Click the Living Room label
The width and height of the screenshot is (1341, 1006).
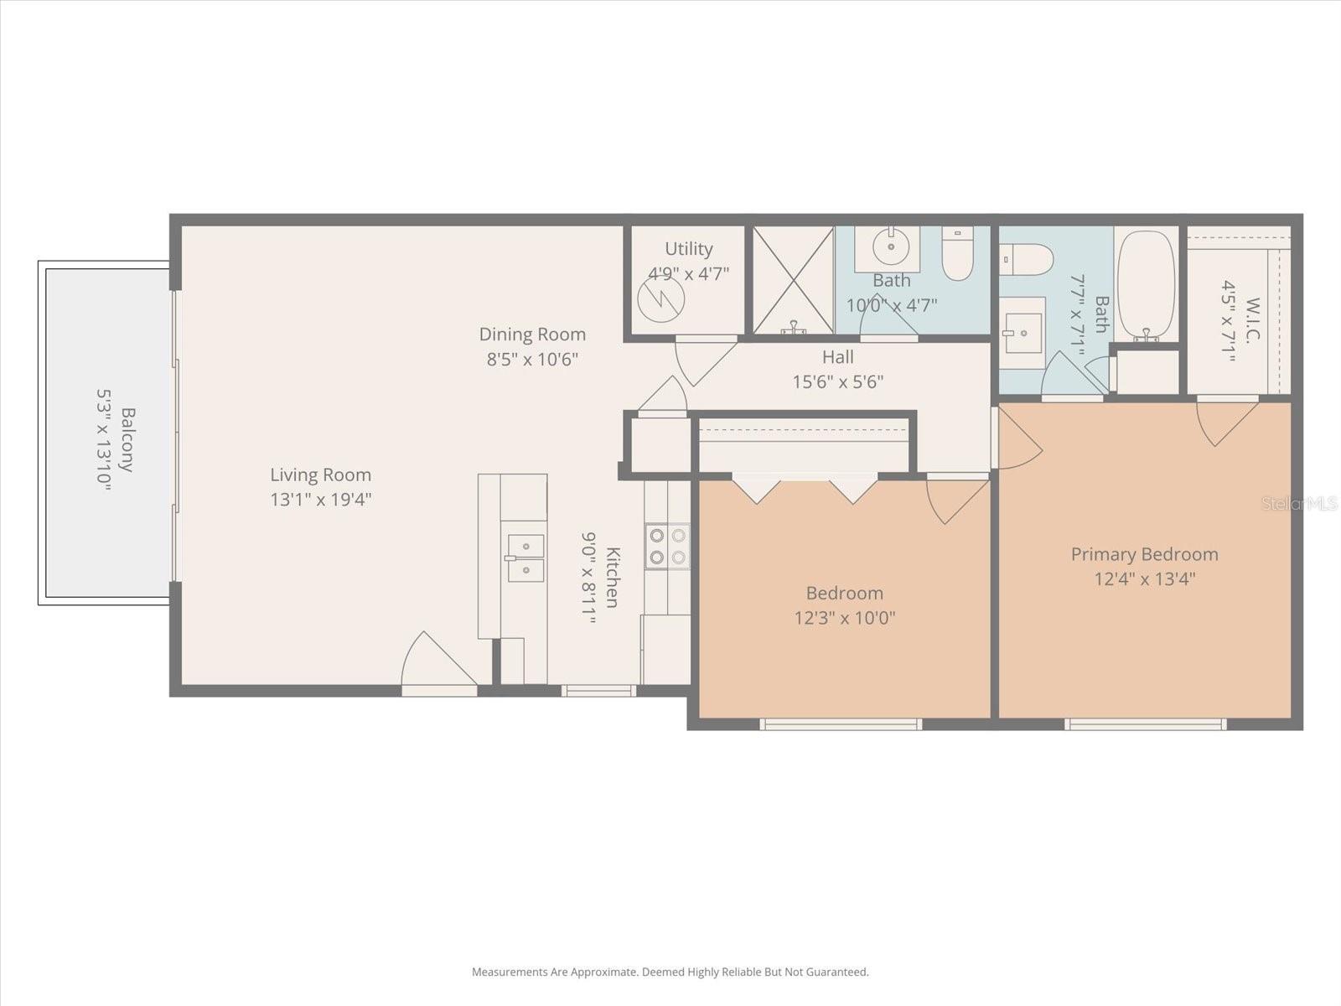pyautogui.click(x=320, y=475)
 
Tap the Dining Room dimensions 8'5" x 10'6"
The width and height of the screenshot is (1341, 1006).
pyautogui.click(x=532, y=360)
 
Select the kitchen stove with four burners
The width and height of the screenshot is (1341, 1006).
pyautogui.click(x=667, y=547)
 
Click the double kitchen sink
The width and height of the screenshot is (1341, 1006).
pyautogui.click(x=525, y=558)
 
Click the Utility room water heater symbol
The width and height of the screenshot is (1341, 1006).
pyautogui.click(x=660, y=298)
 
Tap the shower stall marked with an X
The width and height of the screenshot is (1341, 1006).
pyautogui.click(x=793, y=280)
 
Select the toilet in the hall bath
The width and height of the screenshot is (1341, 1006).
pyautogui.click(x=957, y=253)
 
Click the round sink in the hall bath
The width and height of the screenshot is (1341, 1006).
pyautogui.click(x=888, y=246)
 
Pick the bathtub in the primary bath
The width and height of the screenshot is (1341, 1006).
pyautogui.click(x=1146, y=285)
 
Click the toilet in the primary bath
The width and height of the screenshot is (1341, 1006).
pyautogui.click(x=1027, y=259)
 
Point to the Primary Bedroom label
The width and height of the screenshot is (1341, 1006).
pyautogui.click(x=1144, y=554)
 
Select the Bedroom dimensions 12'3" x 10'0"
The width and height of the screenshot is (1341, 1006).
pyautogui.click(x=845, y=619)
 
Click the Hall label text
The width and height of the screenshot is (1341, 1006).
pyautogui.click(x=837, y=357)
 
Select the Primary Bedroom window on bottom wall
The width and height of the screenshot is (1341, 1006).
pyautogui.click(x=1145, y=724)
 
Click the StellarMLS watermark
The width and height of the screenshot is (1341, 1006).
pyautogui.click(x=1299, y=504)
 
